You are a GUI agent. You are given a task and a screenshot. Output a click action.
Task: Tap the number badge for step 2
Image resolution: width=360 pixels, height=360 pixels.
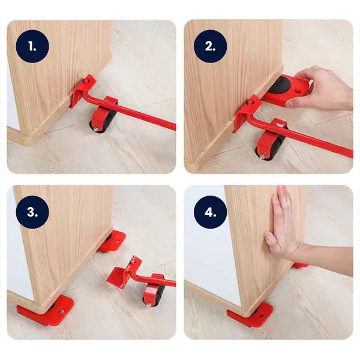[211, 47]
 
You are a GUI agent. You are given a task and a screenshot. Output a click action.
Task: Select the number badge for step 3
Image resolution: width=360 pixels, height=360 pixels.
[34, 212]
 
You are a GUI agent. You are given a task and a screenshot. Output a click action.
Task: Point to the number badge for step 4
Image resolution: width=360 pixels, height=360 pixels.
[211, 212]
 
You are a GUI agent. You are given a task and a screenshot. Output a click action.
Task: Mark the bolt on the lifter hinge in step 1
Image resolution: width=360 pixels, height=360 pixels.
[86, 80]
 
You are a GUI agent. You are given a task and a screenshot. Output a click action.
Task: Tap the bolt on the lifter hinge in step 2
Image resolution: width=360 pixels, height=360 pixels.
[250, 103]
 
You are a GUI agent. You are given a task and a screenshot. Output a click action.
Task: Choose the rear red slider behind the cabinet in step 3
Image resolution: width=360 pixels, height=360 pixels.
[113, 241]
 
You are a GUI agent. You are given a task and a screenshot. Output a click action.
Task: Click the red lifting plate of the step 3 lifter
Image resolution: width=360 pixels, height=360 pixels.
[119, 277]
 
